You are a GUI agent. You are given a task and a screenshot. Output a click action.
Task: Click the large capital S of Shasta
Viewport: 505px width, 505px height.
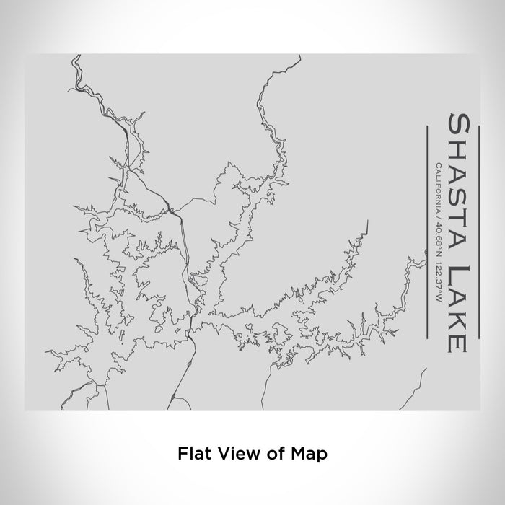coord(459,123)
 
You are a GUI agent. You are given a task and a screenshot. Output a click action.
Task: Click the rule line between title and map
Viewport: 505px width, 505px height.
coord(427,231)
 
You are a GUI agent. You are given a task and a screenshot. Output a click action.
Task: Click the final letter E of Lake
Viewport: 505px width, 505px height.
coord(459,343)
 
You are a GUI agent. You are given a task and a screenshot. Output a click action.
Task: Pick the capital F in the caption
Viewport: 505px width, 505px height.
coord(181,454)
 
